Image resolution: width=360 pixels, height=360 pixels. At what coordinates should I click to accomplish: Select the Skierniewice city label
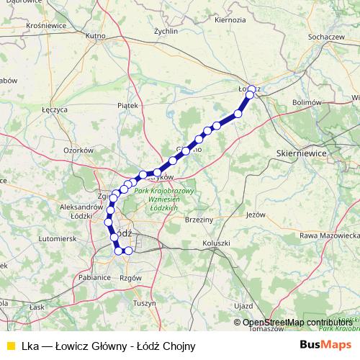pyautogui.click(x=301, y=154)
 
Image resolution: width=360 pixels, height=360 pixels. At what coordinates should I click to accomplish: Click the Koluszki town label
pyautogui.click(x=217, y=243)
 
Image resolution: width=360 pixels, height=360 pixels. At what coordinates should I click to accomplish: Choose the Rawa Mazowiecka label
pyautogui.click(x=330, y=235)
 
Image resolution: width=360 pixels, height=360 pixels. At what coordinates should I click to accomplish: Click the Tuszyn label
pyautogui.click(x=144, y=303)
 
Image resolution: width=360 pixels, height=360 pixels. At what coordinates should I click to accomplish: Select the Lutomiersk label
pyautogui.click(x=57, y=238)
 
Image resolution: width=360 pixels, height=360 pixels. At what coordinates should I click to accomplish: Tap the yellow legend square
pyautogui.click(x=9, y=345)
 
